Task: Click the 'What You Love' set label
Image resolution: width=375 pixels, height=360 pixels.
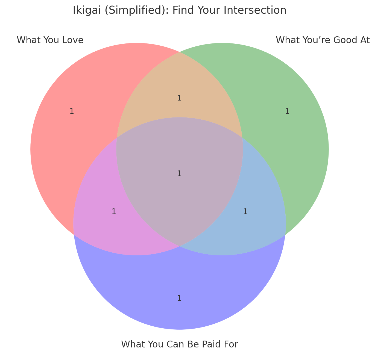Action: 50,40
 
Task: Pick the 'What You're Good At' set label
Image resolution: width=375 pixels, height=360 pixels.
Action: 323,40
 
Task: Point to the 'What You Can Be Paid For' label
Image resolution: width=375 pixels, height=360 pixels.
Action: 180,344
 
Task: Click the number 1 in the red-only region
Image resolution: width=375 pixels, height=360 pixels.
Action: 72,111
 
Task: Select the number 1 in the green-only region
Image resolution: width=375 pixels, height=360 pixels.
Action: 287,111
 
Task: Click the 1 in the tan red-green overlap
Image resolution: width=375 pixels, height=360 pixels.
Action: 179,98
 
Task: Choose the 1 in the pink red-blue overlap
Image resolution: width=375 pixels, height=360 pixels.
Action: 114,211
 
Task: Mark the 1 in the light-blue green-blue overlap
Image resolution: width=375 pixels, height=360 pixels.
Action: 245,211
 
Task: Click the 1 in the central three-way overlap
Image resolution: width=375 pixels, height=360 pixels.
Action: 179,173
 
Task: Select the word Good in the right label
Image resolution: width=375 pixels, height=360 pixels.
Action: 344,40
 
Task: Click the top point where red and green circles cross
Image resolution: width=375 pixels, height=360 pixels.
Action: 180,52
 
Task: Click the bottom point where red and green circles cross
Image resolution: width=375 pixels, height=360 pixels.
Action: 180,246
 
